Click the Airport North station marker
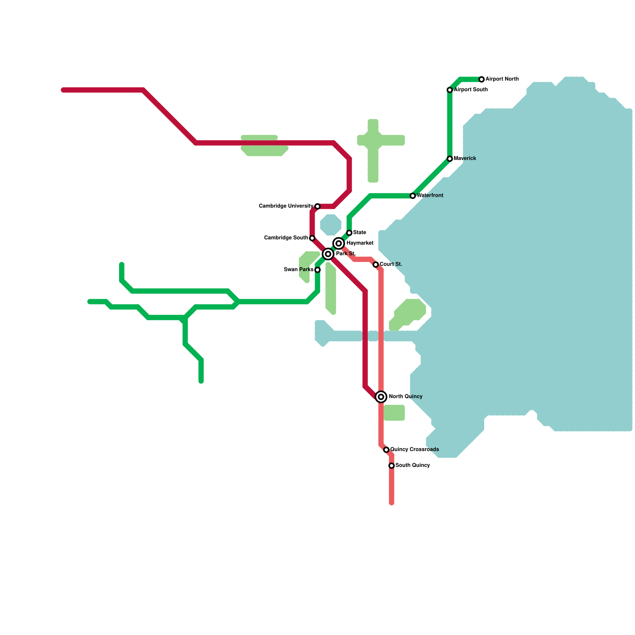point(481,79)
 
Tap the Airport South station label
point(471,90)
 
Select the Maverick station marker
point(450,159)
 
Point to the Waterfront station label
point(430,196)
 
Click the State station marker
point(349,233)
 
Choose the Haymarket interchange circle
point(339,243)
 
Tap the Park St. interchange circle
point(328,254)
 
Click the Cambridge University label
point(286,206)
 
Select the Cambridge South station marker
point(312,238)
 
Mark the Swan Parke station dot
point(317,270)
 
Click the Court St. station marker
point(376,265)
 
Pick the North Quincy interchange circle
point(381,397)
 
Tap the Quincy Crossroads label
point(415,450)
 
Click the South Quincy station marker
point(392,466)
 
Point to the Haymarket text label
point(360,243)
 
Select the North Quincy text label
point(406,397)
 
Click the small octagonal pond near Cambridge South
point(331,225)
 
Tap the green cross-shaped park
point(373,141)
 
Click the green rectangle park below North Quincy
point(394,413)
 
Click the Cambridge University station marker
point(317,206)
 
